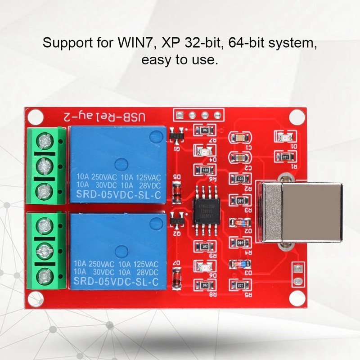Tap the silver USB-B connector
pos(297,212)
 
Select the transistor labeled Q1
pos(177,134)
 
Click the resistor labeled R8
pos(205,285)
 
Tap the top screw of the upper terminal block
pos(44,142)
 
